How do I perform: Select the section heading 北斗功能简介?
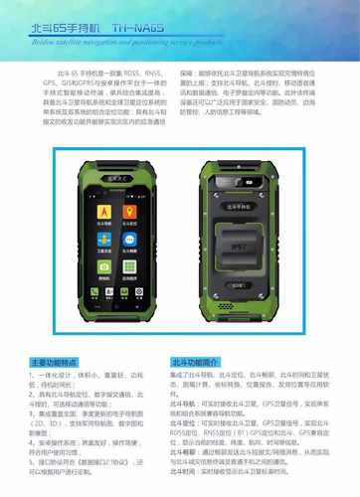[194, 362]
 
